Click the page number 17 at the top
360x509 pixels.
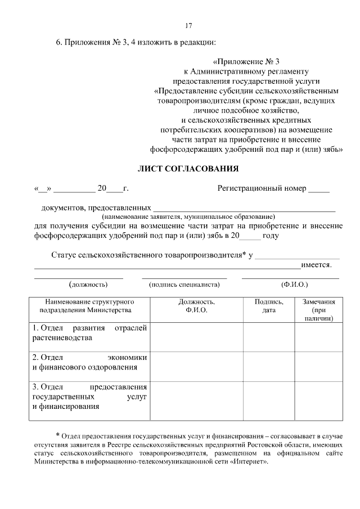pyautogui.click(x=189, y=25)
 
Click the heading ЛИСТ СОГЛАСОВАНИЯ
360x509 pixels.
pyautogui.click(x=189, y=168)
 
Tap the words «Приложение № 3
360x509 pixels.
pyautogui.click(x=247, y=62)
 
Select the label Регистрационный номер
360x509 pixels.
pyautogui.click(x=262, y=188)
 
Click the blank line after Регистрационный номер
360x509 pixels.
pyautogui.click(x=319, y=189)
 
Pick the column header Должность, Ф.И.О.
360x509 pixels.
pyautogui.click(x=196, y=305)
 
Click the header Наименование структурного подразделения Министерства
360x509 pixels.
pyautogui.click(x=89, y=305)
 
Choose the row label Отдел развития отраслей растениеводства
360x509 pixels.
pyautogui.click(x=89, y=332)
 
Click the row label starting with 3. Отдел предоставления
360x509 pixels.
pyautogui.click(x=89, y=397)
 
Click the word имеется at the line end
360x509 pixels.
pyautogui.click(x=316, y=264)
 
